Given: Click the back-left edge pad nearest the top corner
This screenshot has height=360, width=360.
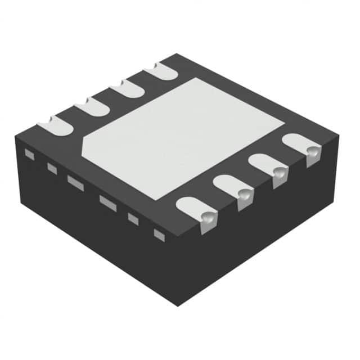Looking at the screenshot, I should point(161,71).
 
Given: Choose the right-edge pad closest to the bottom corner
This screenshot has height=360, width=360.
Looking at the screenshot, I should point(197,210).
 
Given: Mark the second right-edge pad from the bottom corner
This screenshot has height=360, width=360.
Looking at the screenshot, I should point(234,189).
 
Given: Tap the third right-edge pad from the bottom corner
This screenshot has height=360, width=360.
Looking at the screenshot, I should point(269,167).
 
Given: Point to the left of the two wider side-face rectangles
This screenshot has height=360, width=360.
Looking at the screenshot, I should point(75,182).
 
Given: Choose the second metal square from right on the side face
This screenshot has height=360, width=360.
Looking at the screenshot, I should point(133,219).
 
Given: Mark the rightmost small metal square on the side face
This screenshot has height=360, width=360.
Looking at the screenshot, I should point(160,235).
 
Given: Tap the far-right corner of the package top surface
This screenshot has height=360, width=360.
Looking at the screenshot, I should point(339,135).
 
